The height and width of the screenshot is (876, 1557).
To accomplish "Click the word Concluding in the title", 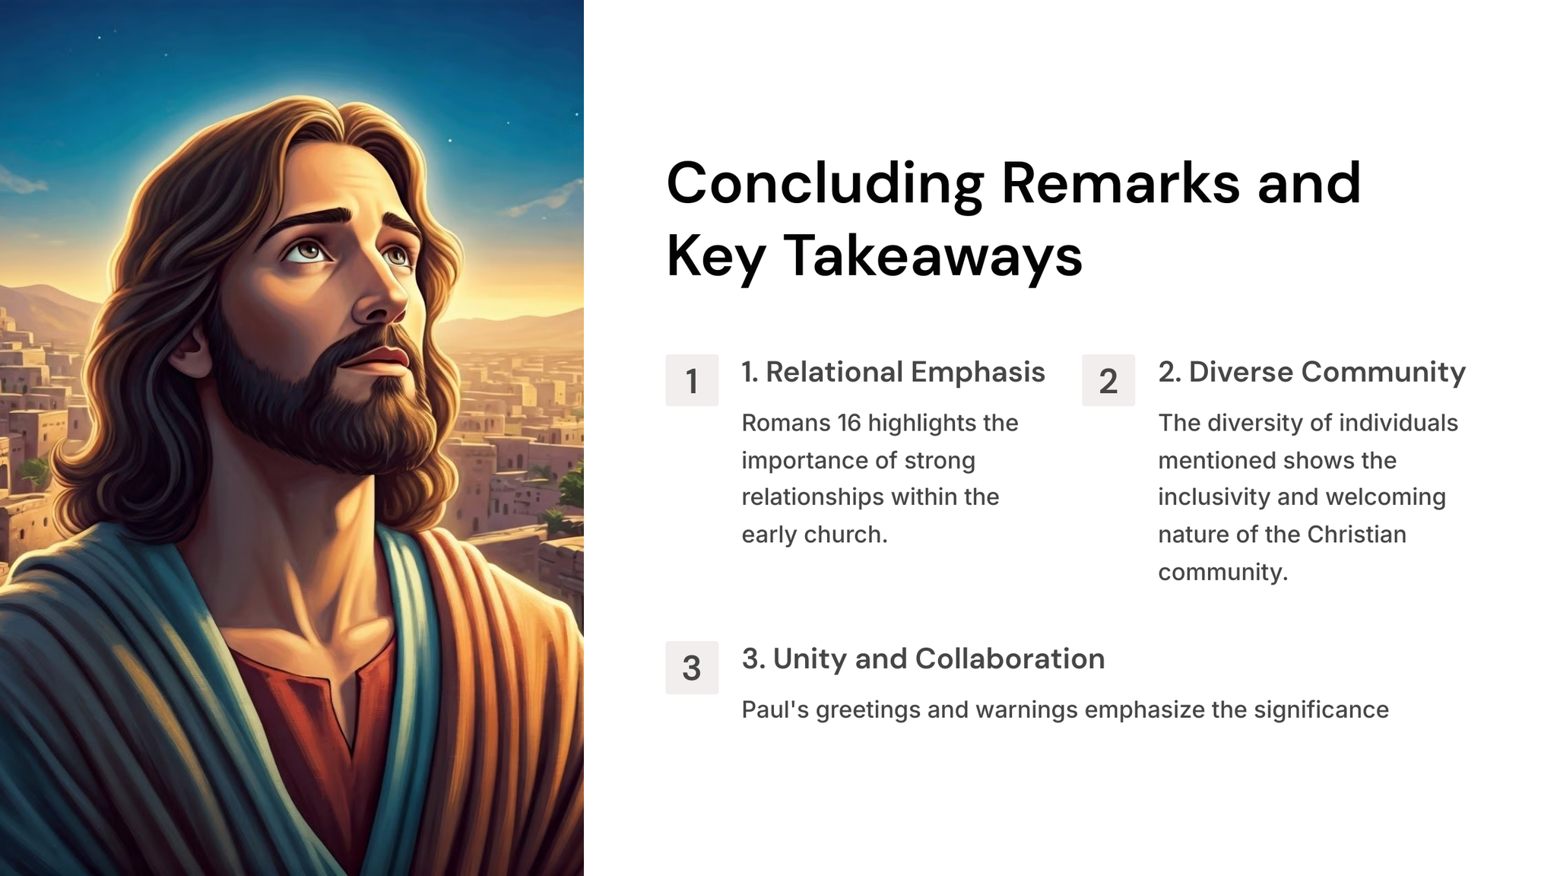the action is (826, 184).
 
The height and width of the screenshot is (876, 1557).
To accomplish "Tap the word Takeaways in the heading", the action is (933, 255).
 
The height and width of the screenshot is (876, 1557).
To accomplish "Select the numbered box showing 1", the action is (692, 380).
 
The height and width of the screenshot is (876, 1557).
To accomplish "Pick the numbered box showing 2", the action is (1108, 380).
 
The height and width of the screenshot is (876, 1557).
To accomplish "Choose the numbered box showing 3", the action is (692, 667).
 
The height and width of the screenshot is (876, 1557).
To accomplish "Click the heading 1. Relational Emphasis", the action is (893, 372).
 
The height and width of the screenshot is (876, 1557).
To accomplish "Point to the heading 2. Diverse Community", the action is (1312, 372).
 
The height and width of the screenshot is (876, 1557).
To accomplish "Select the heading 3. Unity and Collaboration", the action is (924, 659).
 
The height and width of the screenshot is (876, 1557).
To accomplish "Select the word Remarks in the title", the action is (1121, 184).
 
